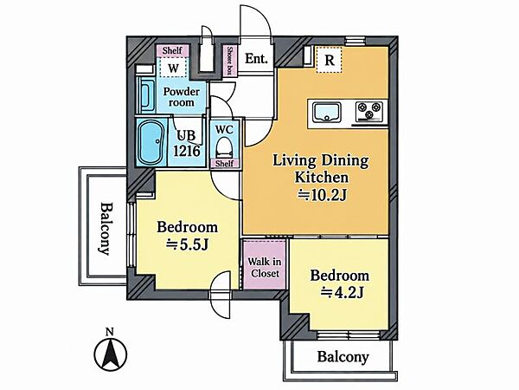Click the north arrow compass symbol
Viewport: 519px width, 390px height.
[111, 354]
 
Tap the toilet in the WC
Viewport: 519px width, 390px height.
[224, 148]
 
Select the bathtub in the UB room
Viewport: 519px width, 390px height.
[151, 142]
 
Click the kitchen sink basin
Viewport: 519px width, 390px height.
[327, 112]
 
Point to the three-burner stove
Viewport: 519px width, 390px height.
[369, 111]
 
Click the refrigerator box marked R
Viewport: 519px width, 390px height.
[329, 60]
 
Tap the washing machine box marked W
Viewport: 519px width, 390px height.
[173, 68]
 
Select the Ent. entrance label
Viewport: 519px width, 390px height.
[256, 59]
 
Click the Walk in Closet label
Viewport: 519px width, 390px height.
[265, 267]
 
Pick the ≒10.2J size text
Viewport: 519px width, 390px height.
[322, 195]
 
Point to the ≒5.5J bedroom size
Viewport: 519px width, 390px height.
[187, 244]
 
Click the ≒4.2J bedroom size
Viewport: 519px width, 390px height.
[343, 292]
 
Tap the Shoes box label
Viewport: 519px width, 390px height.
[229, 61]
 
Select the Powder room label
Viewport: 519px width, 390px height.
[181, 96]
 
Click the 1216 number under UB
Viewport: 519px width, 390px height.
[187, 151]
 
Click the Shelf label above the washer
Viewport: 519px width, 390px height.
[172, 50]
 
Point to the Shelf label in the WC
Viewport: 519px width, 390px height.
[224, 163]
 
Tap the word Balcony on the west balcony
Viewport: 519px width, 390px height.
[106, 229]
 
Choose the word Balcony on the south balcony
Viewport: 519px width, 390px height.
[343, 357]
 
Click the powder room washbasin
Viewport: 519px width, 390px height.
[146, 95]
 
